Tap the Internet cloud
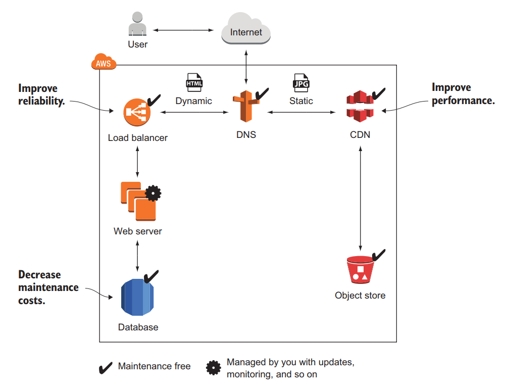click(246, 31)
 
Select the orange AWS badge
click(103, 64)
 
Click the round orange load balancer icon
click(137, 113)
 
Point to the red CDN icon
click(359, 107)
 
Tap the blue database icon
click(137, 297)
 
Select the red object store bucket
click(360, 270)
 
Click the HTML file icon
click(194, 82)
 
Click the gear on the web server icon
click(153, 192)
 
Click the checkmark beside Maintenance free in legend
click(105, 367)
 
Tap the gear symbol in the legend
click(214, 368)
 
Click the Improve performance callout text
click(463, 94)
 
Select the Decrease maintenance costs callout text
click(48, 287)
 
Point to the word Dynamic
click(193, 101)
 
